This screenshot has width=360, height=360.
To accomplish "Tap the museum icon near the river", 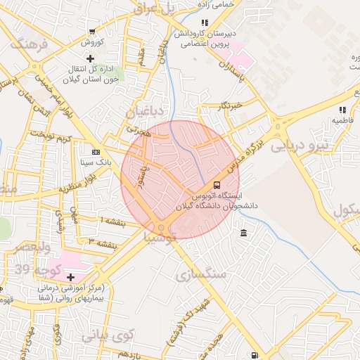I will (x=243, y=233).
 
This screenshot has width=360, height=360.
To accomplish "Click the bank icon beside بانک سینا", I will (x=96, y=152).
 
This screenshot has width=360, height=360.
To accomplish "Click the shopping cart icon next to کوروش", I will (x=93, y=32).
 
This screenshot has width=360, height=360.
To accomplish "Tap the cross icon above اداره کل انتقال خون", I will (x=89, y=58).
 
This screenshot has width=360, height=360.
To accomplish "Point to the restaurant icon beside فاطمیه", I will (x=342, y=110).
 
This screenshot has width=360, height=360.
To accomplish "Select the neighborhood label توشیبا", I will (x=146, y=240).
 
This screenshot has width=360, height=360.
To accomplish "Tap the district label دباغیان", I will (x=146, y=112).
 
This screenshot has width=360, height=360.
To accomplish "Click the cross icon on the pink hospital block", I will (x=70, y=277).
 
